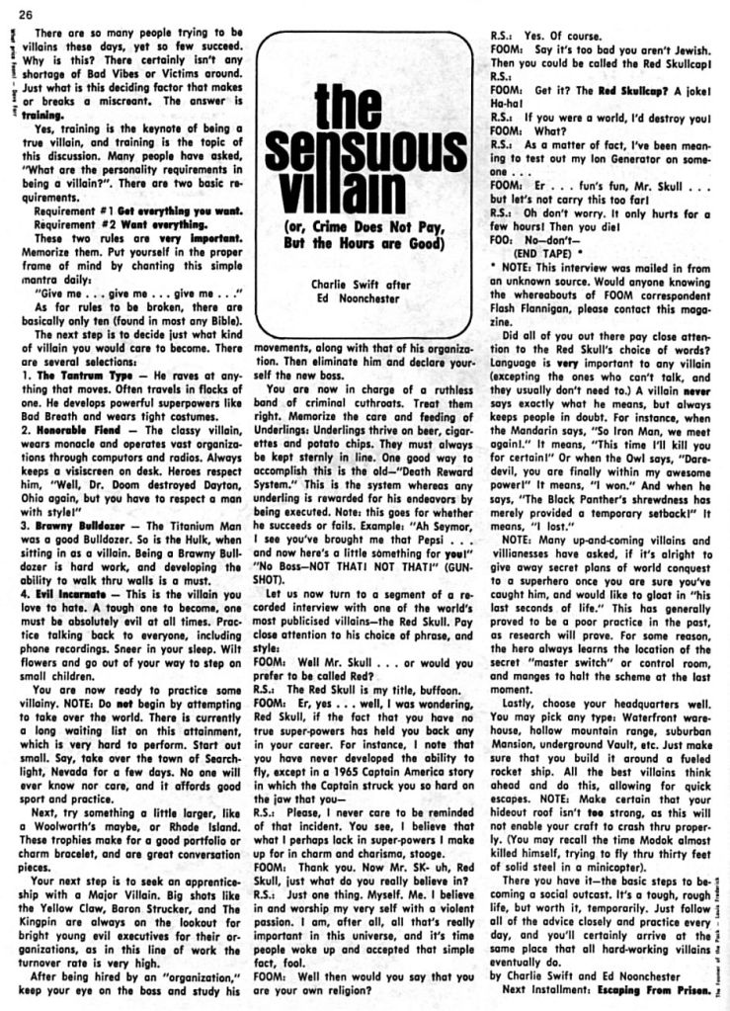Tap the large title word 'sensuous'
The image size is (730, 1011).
coord(365,148)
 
